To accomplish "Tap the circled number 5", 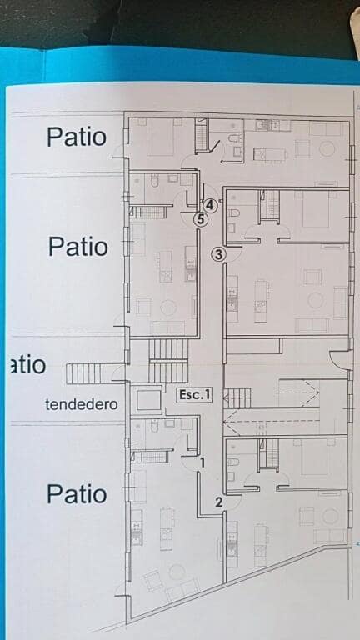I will tap(200, 220).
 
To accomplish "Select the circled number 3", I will tap(218, 254).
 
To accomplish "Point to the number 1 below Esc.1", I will tap(202, 461).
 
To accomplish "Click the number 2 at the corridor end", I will tap(218, 502).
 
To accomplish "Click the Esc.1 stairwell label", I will tap(195, 396).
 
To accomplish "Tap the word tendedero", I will tap(81, 404).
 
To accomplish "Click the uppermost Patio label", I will tap(77, 136).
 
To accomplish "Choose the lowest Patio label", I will tap(77, 493).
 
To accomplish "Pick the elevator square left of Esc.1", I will tap(149, 400).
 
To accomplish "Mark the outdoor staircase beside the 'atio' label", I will tap(84, 372).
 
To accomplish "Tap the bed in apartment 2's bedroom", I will tap(315, 457).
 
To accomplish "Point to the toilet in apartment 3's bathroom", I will tap(233, 213).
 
